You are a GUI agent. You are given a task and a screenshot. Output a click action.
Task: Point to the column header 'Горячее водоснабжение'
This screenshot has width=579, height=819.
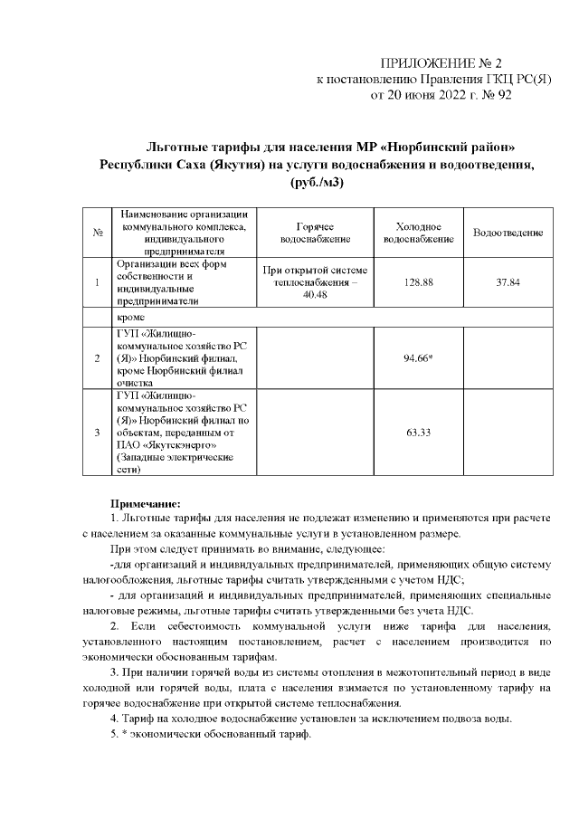pos(315,233)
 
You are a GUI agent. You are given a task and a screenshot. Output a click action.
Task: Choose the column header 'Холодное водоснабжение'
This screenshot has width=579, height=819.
pos(418,233)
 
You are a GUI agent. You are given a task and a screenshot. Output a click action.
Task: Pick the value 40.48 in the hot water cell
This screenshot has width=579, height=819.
pos(315,295)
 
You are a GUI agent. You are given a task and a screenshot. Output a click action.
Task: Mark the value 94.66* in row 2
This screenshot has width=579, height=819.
pos(418,357)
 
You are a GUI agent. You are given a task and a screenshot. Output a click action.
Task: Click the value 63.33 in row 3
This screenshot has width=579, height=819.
pos(418,433)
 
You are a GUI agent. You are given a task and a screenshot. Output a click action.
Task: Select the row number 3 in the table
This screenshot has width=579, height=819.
pos(96,433)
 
